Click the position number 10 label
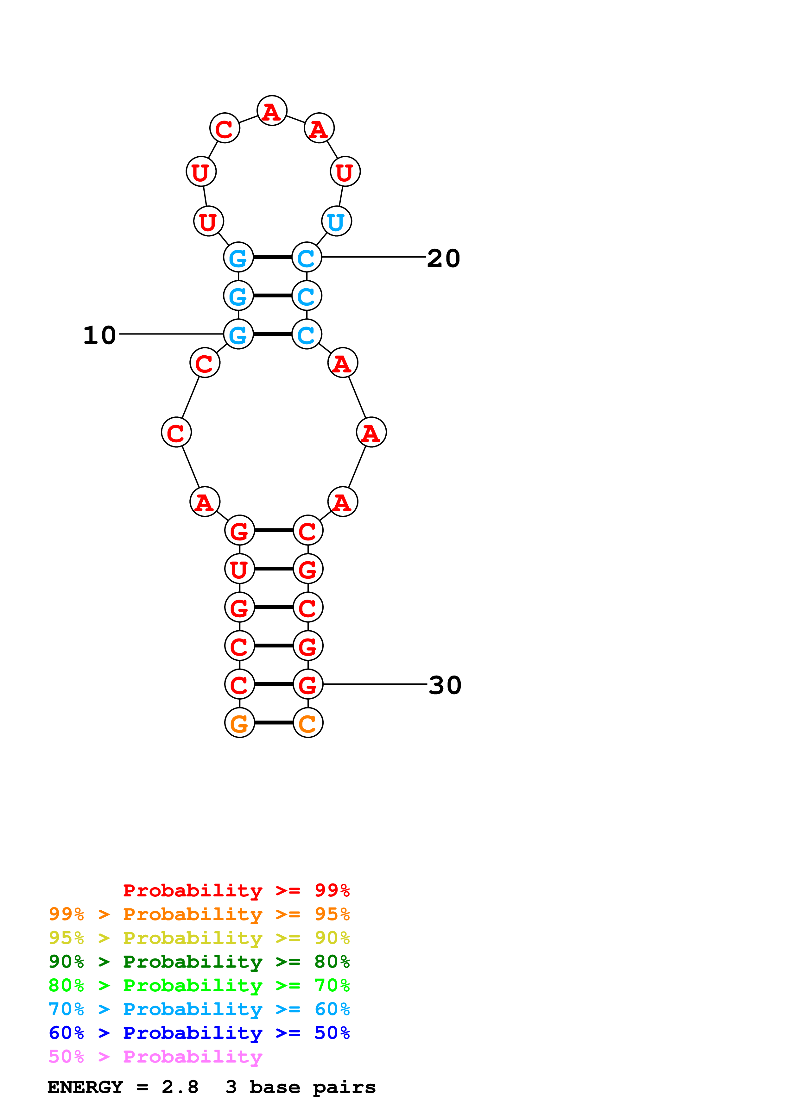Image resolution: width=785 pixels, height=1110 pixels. pyautogui.click(x=100, y=335)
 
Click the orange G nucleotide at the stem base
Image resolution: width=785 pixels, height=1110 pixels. pyautogui.click(x=239, y=723)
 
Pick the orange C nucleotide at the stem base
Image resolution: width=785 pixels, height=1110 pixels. pyautogui.click(x=307, y=723)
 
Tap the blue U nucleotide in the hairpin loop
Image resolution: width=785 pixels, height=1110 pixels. pyautogui.click(x=336, y=221)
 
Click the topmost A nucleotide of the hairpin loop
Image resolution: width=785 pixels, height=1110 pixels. pyautogui.click(x=272, y=111)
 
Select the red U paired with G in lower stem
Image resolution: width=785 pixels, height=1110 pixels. pyautogui.click(x=239, y=569)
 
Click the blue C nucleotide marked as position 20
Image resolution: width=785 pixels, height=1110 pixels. pyautogui.click(x=307, y=257)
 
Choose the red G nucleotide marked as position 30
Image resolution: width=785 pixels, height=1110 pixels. pyautogui.click(x=307, y=684)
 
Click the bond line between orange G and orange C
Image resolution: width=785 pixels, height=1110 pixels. pyautogui.click(x=274, y=723)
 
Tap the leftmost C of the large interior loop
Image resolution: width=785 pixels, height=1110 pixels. pyautogui.click(x=176, y=432)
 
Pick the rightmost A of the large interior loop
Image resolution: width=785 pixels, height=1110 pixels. pyautogui.click(x=371, y=432)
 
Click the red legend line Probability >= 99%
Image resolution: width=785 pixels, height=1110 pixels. pyautogui.click(x=236, y=890)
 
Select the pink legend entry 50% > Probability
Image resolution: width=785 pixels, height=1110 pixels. pyautogui.click(x=155, y=1057)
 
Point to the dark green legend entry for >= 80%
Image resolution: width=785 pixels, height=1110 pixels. pyautogui.click(x=199, y=962)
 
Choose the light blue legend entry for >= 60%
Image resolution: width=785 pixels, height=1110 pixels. pyautogui.click(x=199, y=1009)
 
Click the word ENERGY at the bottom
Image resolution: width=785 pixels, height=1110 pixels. pyautogui.click(x=85, y=1087)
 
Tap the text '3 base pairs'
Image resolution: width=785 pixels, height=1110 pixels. pyautogui.click(x=301, y=1087)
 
